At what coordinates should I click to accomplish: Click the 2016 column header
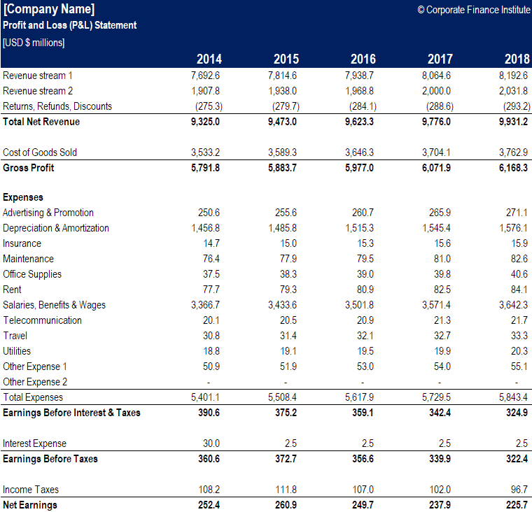(x=363, y=59)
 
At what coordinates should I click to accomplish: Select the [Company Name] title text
(x=49, y=9)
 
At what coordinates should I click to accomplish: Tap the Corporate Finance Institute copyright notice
(x=473, y=9)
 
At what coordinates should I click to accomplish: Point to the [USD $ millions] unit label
(x=34, y=43)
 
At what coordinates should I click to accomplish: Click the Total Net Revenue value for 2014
(x=205, y=122)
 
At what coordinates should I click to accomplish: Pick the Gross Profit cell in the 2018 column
(x=513, y=168)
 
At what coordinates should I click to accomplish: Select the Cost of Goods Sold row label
(x=40, y=152)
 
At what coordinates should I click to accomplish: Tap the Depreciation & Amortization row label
(x=56, y=228)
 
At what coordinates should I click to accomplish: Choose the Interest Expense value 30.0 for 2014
(x=211, y=443)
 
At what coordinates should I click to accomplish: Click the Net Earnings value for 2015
(x=283, y=505)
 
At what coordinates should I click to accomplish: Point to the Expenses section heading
(x=23, y=197)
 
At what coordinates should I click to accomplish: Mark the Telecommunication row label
(x=42, y=320)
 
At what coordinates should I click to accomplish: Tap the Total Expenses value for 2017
(x=436, y=397)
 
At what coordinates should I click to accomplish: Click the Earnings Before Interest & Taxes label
(x=71, y=413)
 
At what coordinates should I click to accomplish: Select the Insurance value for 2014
(x=211, y=243)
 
